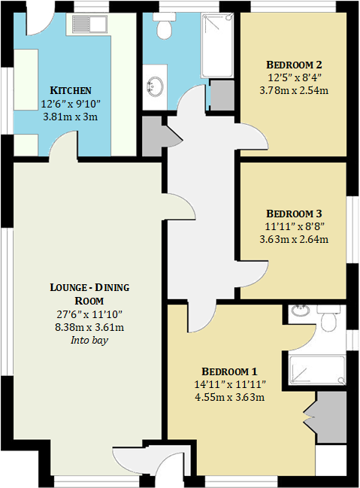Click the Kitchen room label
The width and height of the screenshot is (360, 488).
71,90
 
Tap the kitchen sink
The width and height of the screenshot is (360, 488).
89,24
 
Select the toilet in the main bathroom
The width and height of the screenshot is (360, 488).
164,26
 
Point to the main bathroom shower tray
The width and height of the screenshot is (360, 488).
217,45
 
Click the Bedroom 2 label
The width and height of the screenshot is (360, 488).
294,65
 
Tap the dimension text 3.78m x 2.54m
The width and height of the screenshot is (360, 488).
294,90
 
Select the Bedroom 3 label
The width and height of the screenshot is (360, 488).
294,214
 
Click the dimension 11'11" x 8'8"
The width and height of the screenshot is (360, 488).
295,226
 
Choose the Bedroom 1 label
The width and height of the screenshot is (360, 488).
229,371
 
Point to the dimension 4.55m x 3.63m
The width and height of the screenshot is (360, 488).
230,397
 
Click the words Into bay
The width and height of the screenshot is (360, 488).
89,340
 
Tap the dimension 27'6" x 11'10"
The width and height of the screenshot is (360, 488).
89,314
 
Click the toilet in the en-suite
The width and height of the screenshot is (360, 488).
329,318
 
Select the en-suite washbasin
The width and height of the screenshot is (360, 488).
299,310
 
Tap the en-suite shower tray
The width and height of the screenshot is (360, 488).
317,370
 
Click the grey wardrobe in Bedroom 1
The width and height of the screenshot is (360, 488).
331,417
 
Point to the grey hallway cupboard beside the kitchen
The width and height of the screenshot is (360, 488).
153,136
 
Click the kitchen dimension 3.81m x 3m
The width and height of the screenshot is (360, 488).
71,117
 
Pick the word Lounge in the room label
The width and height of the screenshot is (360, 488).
67,287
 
